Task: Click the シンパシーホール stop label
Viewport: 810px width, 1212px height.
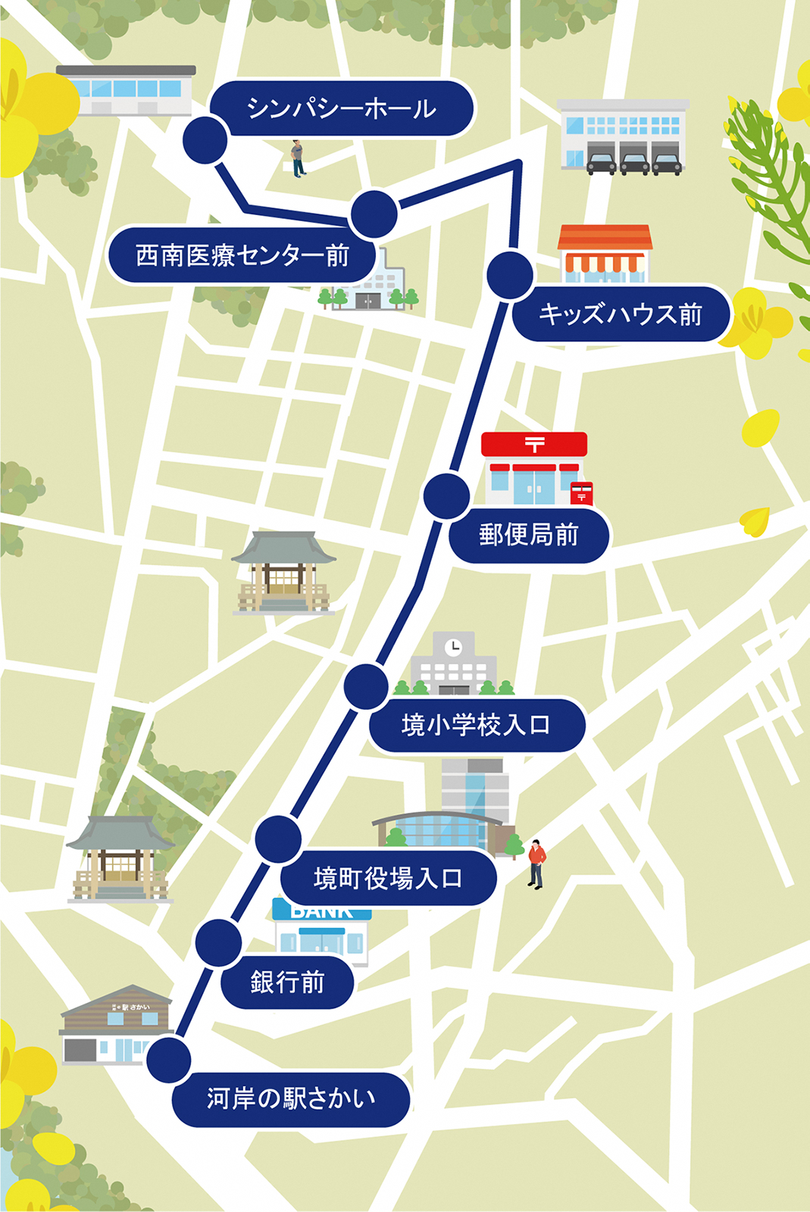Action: pyautogui.click(x=341, y=108)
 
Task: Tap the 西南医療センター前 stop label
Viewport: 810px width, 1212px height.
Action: pyautogui.click(x=242, y=255)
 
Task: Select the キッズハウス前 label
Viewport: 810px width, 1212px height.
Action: pyautogui.click(x=620, y=314)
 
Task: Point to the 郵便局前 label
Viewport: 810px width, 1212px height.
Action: pyautogui.click(x=528, y=535)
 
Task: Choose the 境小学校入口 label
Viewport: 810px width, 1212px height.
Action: pyautogui.click(x=476, y=725)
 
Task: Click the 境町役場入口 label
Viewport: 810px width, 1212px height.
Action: pyautogui.click(x=387, y=878)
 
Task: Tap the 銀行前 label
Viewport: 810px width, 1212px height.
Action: pyautogui.click(x=287, y=982)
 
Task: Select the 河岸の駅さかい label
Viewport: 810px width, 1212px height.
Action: pyautogui.click(x=291, y=1098)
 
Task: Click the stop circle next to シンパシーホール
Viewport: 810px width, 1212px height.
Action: pyautogui.click(x=205, y=140)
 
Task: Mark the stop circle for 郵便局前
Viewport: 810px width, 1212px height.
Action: pyautogui.click(x=447, y=496)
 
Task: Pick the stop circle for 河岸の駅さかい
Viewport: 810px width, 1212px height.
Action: pyautogui.click(x=169, y=1060)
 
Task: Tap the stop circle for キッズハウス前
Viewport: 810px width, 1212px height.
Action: pyautogui.click(x=511, y=275)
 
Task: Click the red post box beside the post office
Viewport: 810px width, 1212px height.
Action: pyautogui.click(x=581, y=493)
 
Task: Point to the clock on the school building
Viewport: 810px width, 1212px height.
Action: pyautogui.click(x=453, y=647)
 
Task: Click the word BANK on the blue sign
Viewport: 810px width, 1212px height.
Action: pyautogui.click(x=322, y=912)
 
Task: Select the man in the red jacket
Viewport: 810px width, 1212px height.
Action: pyautogui.click(x=536, y=863)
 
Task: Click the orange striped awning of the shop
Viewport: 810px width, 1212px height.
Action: pyautogui.click(x=604, y=262)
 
